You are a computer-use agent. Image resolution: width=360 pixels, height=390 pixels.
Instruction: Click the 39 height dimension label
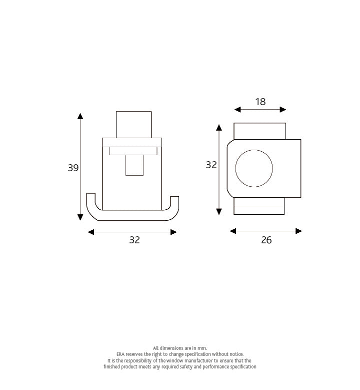(73, 168)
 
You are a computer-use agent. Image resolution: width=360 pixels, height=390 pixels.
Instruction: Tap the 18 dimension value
(260, 102)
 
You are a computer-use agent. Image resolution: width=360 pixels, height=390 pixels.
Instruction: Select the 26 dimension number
(266, 240)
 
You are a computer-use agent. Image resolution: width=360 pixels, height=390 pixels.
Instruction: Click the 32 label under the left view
(134, 240)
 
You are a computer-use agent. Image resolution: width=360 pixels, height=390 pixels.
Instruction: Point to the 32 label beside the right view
(211, 165)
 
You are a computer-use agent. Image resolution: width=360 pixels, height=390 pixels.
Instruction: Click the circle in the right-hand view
(254, 168)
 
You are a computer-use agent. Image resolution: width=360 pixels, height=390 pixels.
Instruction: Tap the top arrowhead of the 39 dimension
(80, 116)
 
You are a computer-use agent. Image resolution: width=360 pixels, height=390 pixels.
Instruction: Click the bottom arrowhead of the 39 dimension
(80, 217)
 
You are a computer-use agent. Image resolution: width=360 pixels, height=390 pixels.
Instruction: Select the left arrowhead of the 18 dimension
(237, 110)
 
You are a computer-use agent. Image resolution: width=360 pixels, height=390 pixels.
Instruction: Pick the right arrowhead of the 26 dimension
(298, 231)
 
